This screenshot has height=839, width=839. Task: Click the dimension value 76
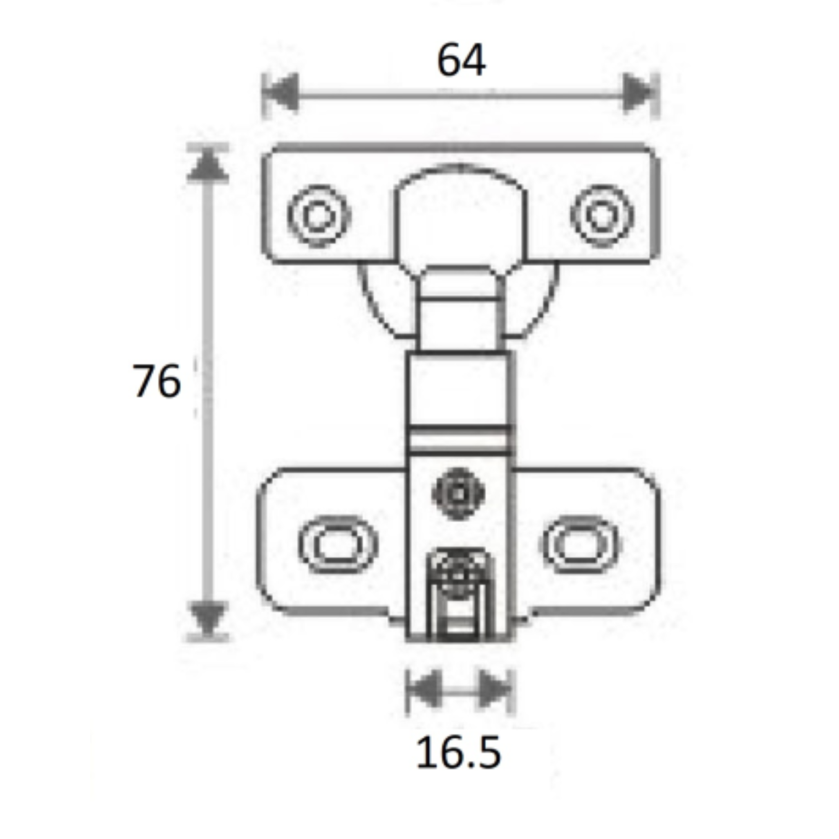(156, 381)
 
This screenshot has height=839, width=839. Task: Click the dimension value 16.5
(459, 753)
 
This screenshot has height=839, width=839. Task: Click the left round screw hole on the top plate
(319, 216)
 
